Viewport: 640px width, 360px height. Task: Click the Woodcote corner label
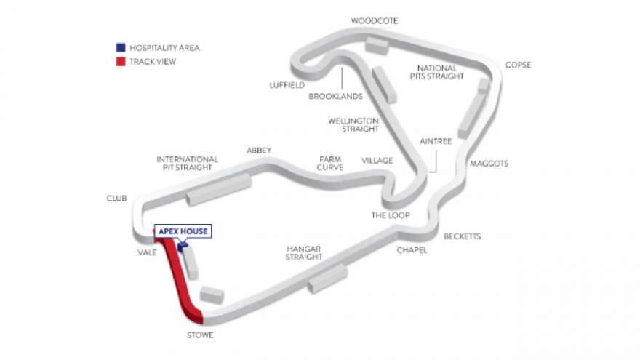click(375, 21)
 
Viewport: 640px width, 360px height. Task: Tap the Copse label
click(518, 65)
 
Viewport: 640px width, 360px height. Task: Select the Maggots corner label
click(489, 164)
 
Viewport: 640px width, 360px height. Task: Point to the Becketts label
click(462, 236)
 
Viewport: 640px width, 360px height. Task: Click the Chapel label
click(412, 250)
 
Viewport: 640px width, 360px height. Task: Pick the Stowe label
click(200, 335)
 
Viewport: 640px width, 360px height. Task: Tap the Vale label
click(147, 252)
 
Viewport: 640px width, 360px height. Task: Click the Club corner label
click(117, 199)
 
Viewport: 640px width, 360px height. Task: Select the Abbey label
click(259, 151)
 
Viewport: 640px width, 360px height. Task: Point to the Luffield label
click(287, 85)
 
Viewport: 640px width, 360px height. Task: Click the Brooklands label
click(335, 96)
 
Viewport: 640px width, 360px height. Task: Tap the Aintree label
click(436, 141)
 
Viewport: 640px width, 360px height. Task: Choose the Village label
click(377, 161)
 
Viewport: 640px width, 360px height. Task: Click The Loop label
click(391, 215)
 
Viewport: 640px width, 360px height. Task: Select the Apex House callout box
click(183, 231)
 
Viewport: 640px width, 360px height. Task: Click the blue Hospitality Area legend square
click(121, 48)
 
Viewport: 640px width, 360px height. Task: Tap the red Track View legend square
click(121, 62)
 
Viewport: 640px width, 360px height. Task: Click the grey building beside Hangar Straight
click(328, 279)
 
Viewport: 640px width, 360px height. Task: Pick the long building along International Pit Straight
click(218, 189)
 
